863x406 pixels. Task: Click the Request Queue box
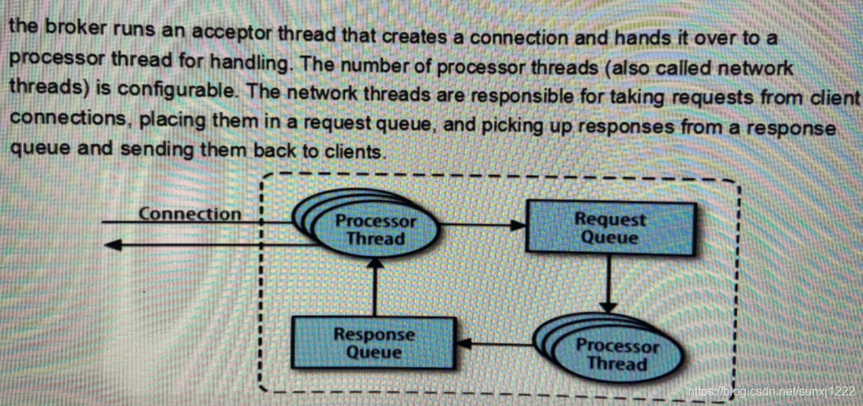610,228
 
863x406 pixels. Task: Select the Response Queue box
373,343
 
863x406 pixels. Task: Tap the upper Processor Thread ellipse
376,229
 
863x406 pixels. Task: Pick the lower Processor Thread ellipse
616,354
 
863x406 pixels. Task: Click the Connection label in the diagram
190,214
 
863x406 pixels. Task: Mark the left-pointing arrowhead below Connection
112,244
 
